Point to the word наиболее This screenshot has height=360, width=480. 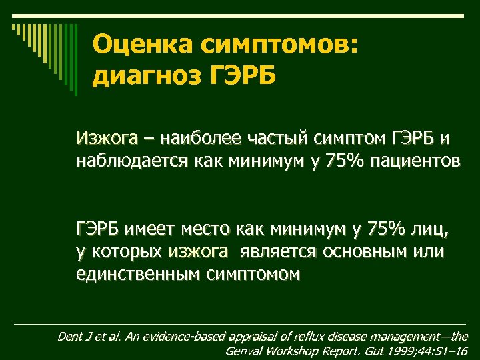195,139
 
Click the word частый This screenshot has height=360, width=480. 274,139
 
